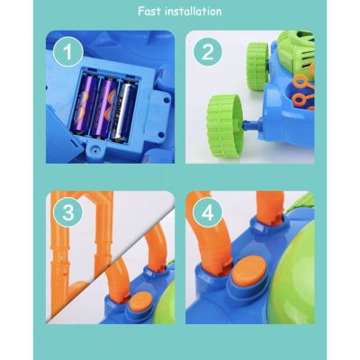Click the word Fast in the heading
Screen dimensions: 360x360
coord(149,12)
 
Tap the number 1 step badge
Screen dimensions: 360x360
coord(68,51)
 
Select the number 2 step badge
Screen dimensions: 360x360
coord(208,51)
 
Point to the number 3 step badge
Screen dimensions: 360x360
coord(68,212)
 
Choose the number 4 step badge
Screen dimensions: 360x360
coord(208,212)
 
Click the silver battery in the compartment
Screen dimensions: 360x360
coord(123,112)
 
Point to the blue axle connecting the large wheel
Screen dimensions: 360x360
coord(252,123)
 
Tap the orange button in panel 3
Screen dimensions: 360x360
coord(141,301)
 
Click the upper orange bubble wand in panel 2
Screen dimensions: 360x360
coord(303,83)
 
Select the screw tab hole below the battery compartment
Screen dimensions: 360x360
coord(96,149)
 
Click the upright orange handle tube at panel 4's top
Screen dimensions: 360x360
coord(270,207)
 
